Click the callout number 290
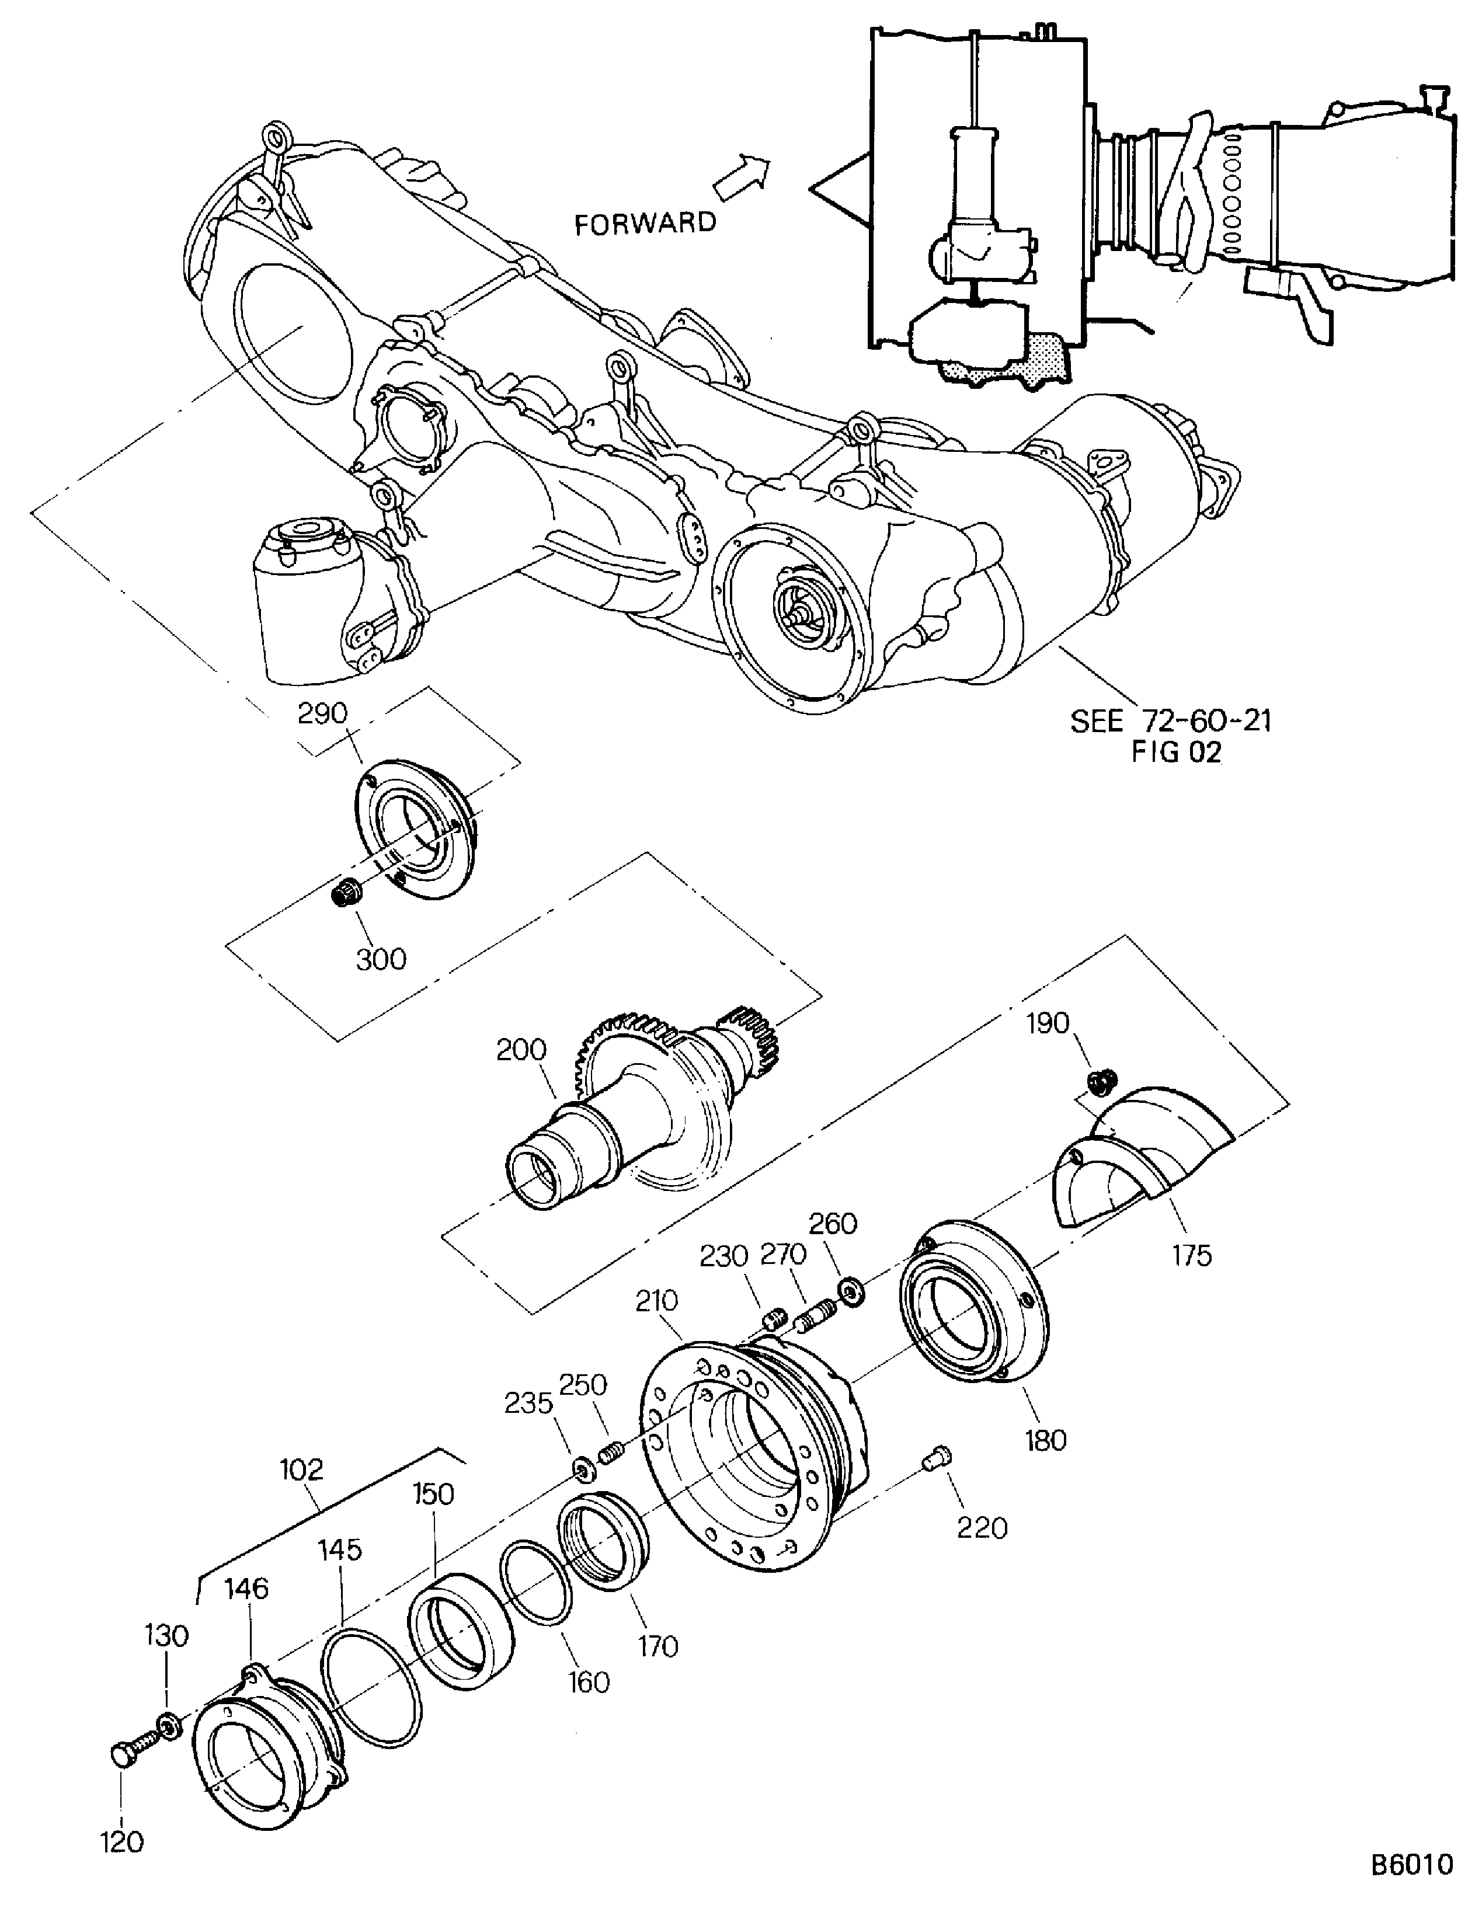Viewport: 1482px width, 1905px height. [x=323, y=713]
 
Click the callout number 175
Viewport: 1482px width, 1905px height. [x=1192, y=1255]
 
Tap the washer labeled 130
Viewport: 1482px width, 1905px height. [x=168, y=1723]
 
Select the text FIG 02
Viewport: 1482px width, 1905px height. [x=1177, y=753]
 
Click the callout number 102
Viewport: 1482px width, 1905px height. [x=302, y=1469]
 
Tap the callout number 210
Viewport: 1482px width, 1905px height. [x=657, y=1301]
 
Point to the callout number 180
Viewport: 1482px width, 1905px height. [x=1045, y=1440]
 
